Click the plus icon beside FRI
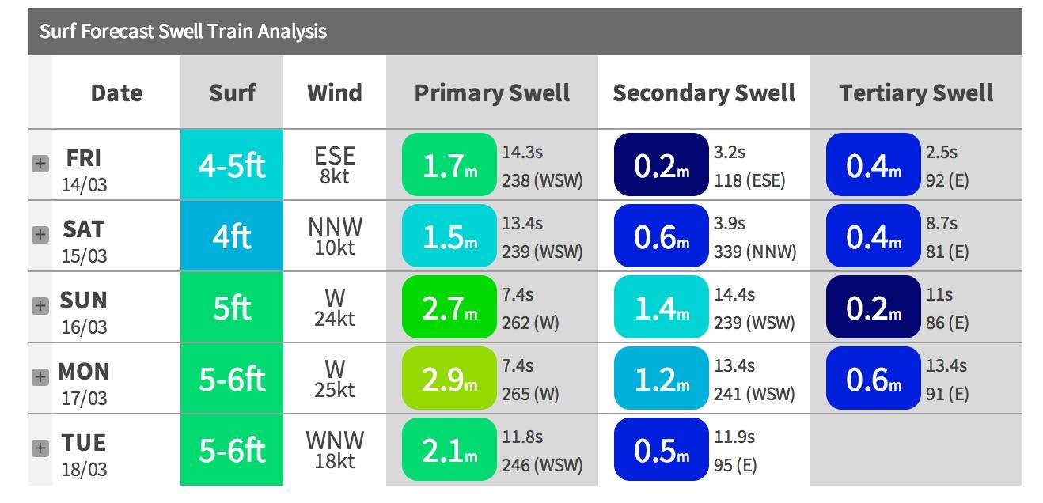(40, 164)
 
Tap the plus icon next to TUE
(40, 448)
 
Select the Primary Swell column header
(491, 93)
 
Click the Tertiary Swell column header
(916, 93)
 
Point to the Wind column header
(334, 93)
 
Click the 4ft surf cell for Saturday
(232, 236)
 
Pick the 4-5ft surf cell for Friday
(232, 165)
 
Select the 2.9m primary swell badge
(449, 379)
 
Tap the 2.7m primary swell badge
(449, 308)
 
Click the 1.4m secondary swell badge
(661, 308)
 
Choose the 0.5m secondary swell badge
(661, 450)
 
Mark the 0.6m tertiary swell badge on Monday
(873, 379)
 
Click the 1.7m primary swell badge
(449, 165)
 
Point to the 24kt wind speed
(335, 319)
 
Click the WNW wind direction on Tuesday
(335, 439)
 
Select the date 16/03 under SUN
(84, 327)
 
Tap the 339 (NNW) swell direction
(755, 251)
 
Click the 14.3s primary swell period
(522, 152)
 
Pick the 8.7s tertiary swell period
(942, 223)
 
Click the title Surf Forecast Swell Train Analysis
(183, 32)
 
